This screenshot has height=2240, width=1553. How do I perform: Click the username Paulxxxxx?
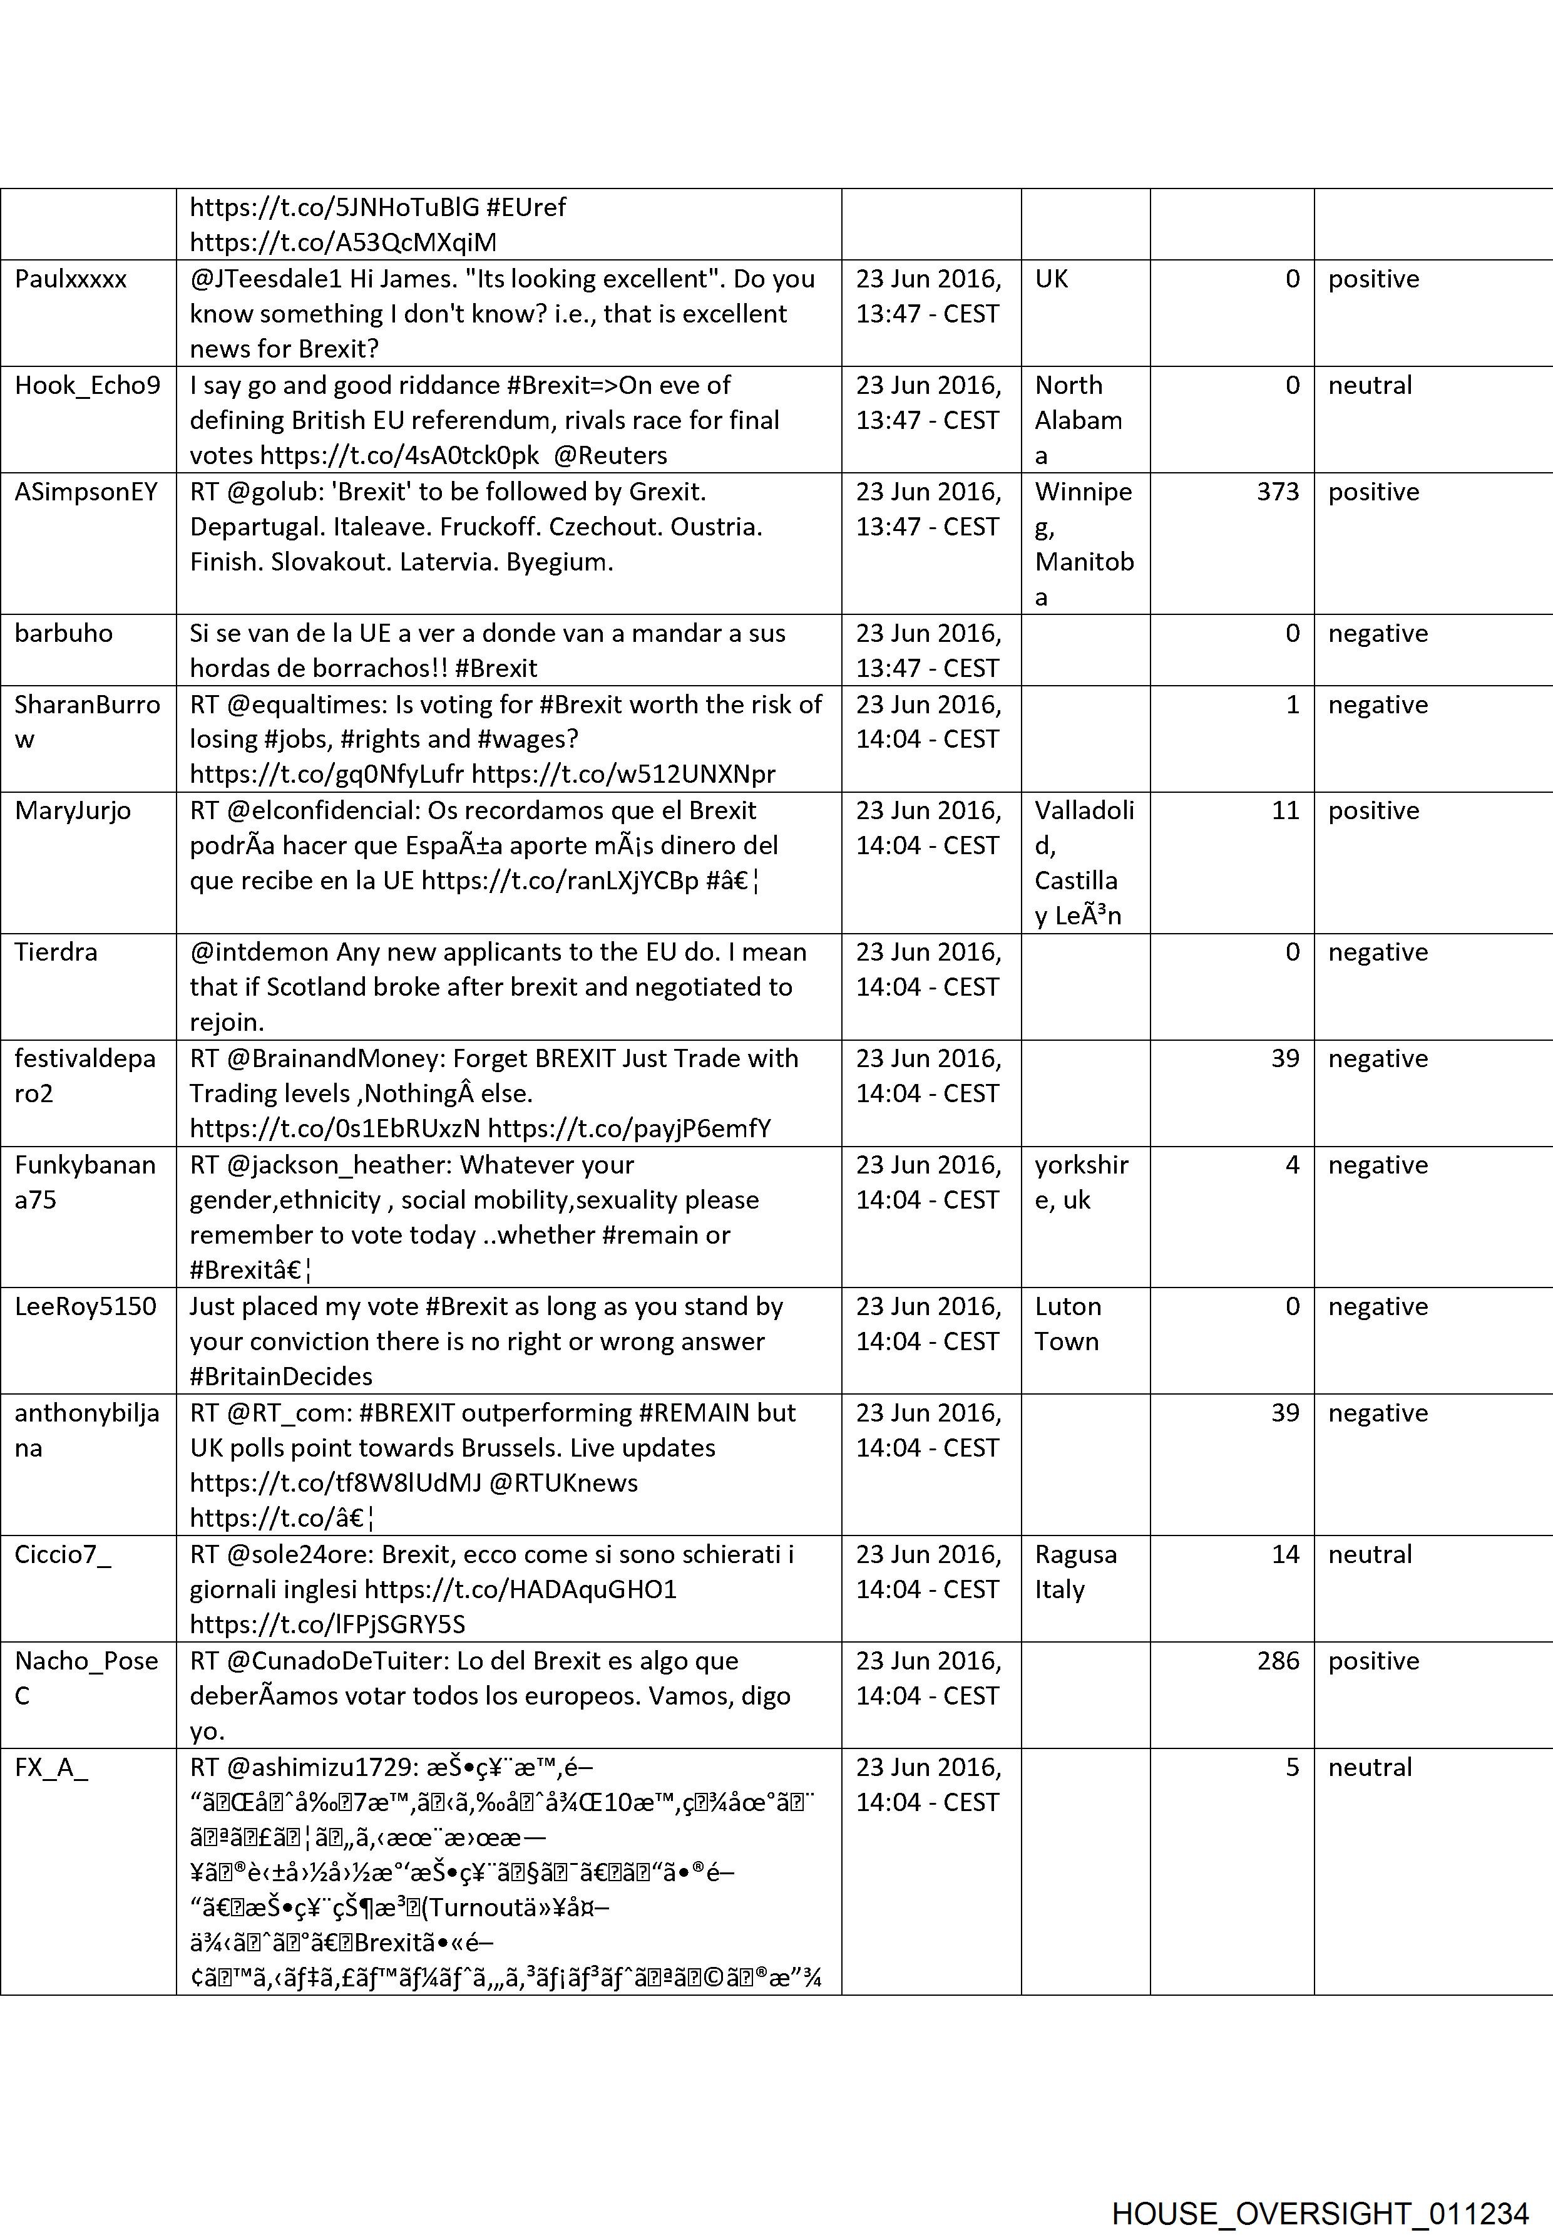[x=71, y=279]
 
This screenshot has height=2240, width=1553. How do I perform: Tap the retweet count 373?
[x=1277, y=492]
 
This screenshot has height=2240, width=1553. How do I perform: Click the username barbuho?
[x=63, y=634]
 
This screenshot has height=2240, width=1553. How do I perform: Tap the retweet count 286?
[x=1277, y=1661]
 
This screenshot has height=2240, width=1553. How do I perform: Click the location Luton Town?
[x=1067, y=1324]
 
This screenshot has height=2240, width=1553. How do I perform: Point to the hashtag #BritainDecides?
[x=281, y=1376]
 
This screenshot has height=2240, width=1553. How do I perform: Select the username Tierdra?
[x=56, y=952]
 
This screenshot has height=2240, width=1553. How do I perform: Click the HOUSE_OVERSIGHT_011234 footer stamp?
[x=1320, y=2187]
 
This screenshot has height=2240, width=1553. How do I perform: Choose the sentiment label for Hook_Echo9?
[x=1369, y=386]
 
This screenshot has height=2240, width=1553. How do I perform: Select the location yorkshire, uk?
[x=1081, y=1183]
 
